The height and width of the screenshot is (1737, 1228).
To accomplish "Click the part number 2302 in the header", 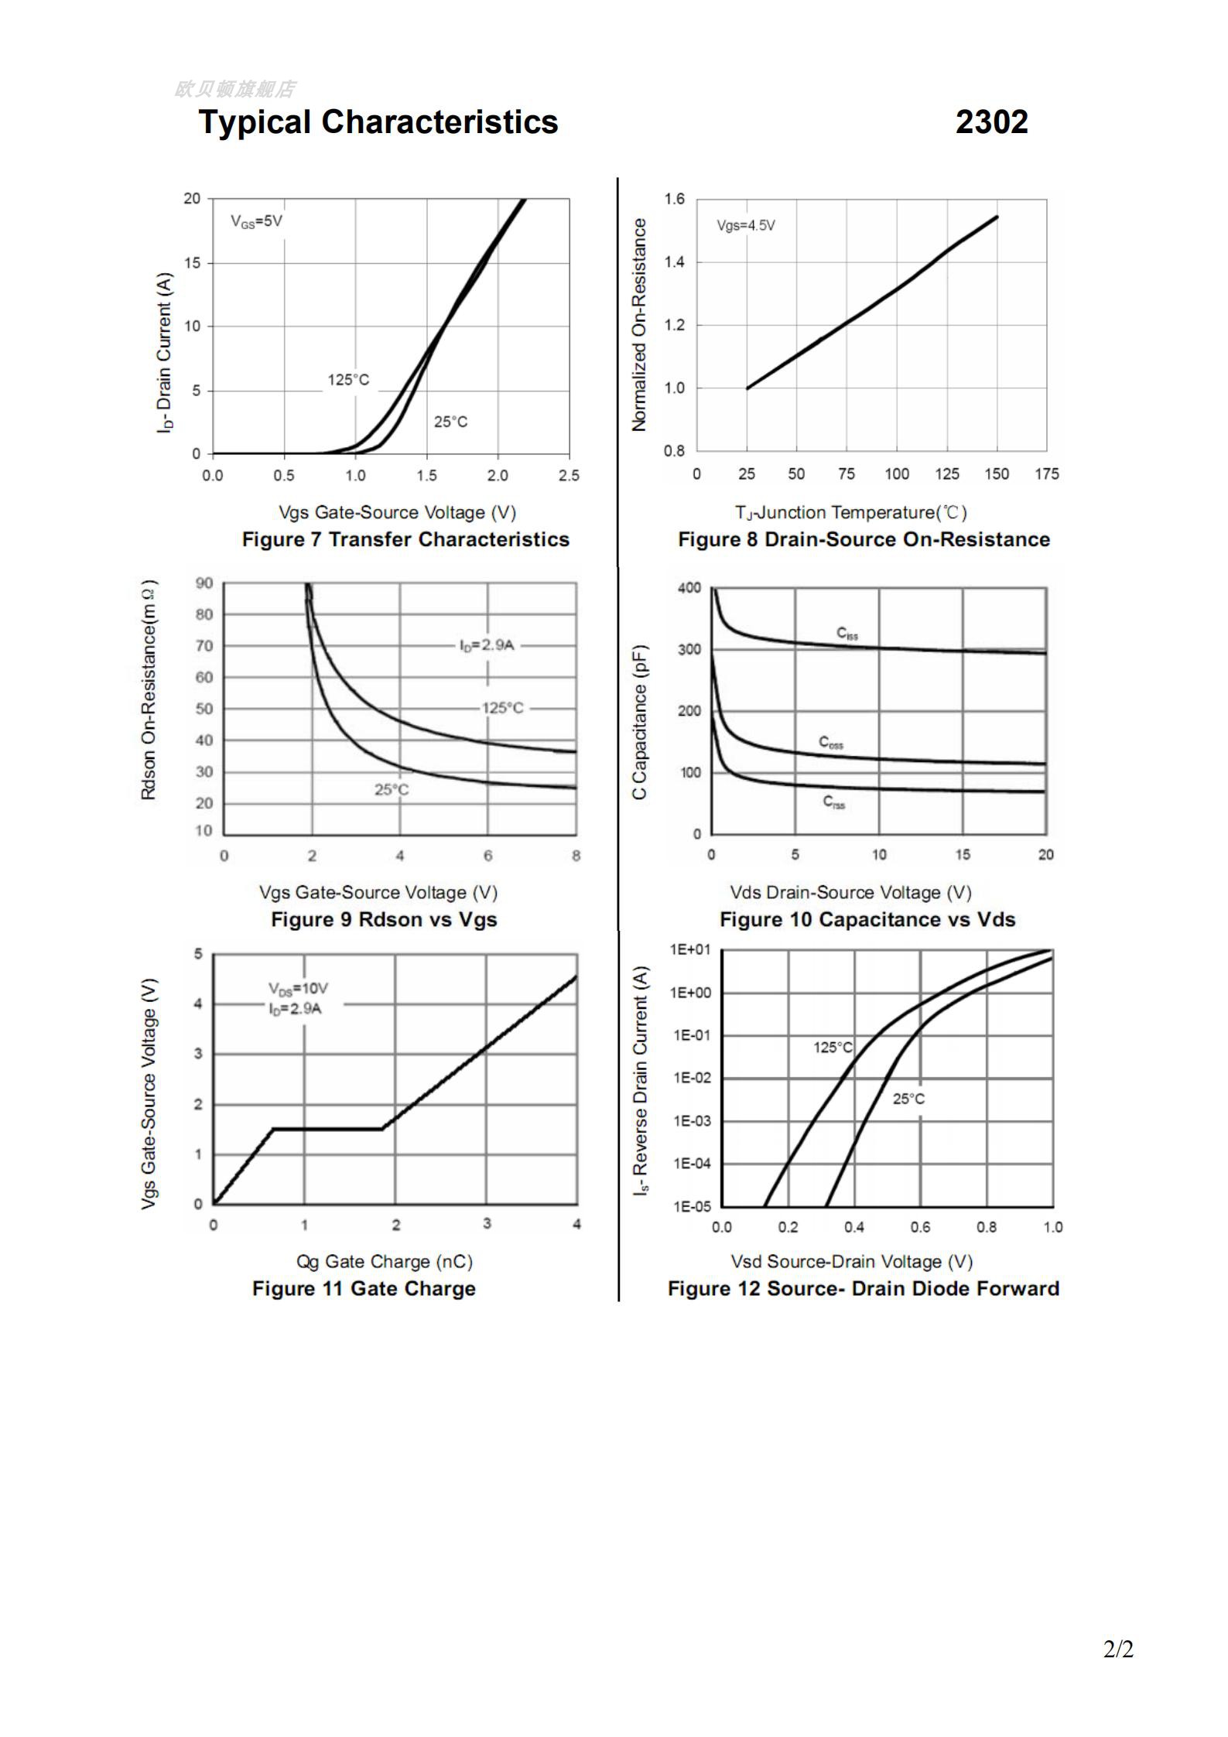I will (x=991, y=122).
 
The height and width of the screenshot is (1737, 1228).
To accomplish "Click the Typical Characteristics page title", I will (x=378, y=122).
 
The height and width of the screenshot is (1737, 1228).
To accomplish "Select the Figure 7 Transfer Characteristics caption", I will (x=405, y=539).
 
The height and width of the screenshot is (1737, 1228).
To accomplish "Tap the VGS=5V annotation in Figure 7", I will (x=256, y=221).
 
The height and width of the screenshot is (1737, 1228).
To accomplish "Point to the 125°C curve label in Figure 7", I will (x=348, y=380).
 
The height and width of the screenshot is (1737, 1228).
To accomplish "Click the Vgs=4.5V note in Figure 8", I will (x=746, y=226).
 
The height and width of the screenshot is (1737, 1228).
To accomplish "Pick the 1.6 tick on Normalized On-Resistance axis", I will (x=674, y=200).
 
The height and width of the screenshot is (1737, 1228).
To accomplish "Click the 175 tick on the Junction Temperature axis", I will (x=1046, y=474).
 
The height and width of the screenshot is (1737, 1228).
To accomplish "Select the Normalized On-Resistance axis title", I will (x=639, y=324).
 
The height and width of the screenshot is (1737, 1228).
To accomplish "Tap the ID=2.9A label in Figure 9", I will (x=487, y=645).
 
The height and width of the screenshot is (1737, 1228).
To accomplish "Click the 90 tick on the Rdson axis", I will (x=204, y=583).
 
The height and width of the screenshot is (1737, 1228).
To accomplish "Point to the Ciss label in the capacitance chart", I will (x=847, y=634).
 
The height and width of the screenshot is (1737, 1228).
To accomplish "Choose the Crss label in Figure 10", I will (x=834, y=802).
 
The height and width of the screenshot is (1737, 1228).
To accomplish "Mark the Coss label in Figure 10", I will (x=831, y=743).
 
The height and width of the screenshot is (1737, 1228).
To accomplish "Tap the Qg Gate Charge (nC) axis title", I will (x=385, y=1262).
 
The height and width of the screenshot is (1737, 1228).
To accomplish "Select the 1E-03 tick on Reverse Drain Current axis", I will (x=691, y=1121).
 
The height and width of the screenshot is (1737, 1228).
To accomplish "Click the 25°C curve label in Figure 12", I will (x=908, y=1099).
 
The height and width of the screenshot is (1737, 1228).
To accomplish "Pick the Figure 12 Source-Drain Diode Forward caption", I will (x=863, y=1289).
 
